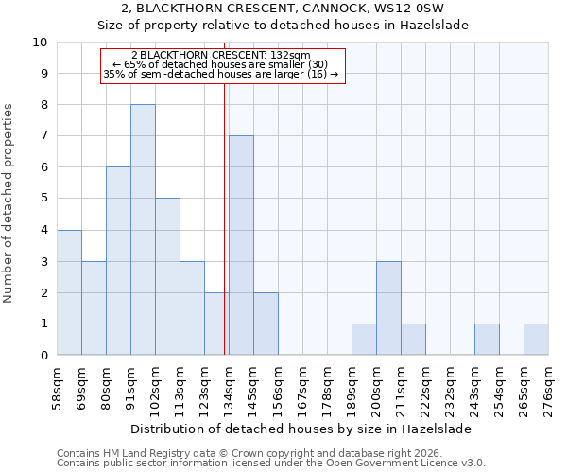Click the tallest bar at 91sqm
pos(143,230)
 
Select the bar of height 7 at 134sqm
pos(241,245)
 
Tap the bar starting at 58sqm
pos(69,292)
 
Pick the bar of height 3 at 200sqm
pos(388,308)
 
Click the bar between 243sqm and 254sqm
pos(487,340)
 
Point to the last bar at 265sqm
pos(536,340)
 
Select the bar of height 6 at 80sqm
pos(118,261)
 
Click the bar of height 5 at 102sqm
pos(167,276)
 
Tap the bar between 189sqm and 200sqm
pos(364,340)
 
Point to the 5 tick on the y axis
pos(43,199)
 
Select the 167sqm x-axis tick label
pos(302,388)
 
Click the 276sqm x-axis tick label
pos(548,388)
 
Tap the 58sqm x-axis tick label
pos(57,388)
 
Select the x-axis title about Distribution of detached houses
pos(302,429)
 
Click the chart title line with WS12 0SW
pos(283,9)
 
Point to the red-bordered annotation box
pos(224,65)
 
